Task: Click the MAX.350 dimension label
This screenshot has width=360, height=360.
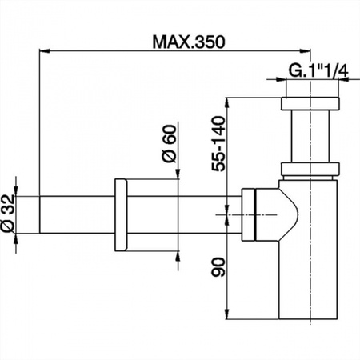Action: tap(189, 42)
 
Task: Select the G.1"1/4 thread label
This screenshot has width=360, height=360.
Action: tap(318, 70)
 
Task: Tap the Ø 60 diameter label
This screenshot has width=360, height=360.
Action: tap(170, 143)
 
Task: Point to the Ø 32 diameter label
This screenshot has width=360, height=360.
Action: tap(7, 214)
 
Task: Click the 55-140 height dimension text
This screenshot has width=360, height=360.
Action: tap(218, 143)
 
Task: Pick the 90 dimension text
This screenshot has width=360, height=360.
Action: tap(218, 266)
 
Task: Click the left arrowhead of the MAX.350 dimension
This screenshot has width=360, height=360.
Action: tap(45, 50)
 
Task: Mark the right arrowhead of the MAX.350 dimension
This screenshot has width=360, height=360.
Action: tap(305, 50)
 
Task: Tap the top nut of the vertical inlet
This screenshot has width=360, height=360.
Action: tap(310, 104)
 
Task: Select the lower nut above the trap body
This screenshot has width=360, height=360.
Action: tap(310, 169)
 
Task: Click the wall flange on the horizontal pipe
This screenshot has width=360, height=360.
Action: tap(121, 215)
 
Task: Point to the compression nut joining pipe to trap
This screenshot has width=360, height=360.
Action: tap(249, 215)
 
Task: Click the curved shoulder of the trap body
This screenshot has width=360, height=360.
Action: tap(290, 215)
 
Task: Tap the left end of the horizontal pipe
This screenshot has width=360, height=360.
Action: tap(40, 215)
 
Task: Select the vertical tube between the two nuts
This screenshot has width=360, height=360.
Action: tap(310, 136)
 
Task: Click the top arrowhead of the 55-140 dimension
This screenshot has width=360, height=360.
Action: tap(227, 103)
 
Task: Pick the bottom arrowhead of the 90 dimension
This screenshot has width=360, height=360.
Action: tap(227, 314)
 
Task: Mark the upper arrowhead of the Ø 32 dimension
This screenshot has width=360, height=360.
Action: tap(16, 190)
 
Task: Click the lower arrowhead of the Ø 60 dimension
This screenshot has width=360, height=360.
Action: tap(178, 257)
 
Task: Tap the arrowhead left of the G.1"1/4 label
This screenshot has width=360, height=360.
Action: tap(280, 79)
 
